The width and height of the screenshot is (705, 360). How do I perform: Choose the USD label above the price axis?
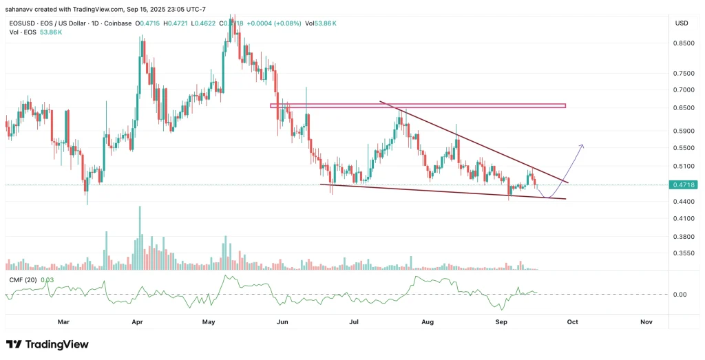coord(682,23)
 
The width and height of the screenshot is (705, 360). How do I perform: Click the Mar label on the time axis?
coord(63,321)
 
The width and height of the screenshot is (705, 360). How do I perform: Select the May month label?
coord(210,321)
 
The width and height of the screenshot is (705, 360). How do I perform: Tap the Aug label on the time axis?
coord(428,321)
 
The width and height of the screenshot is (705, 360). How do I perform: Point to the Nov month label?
coord(646,321)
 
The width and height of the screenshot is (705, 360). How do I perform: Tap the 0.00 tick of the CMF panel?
coord(678,295)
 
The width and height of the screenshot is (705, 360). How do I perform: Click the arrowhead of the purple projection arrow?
coord(582,145)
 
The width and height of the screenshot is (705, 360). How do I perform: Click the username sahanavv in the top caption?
coord(21,9)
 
